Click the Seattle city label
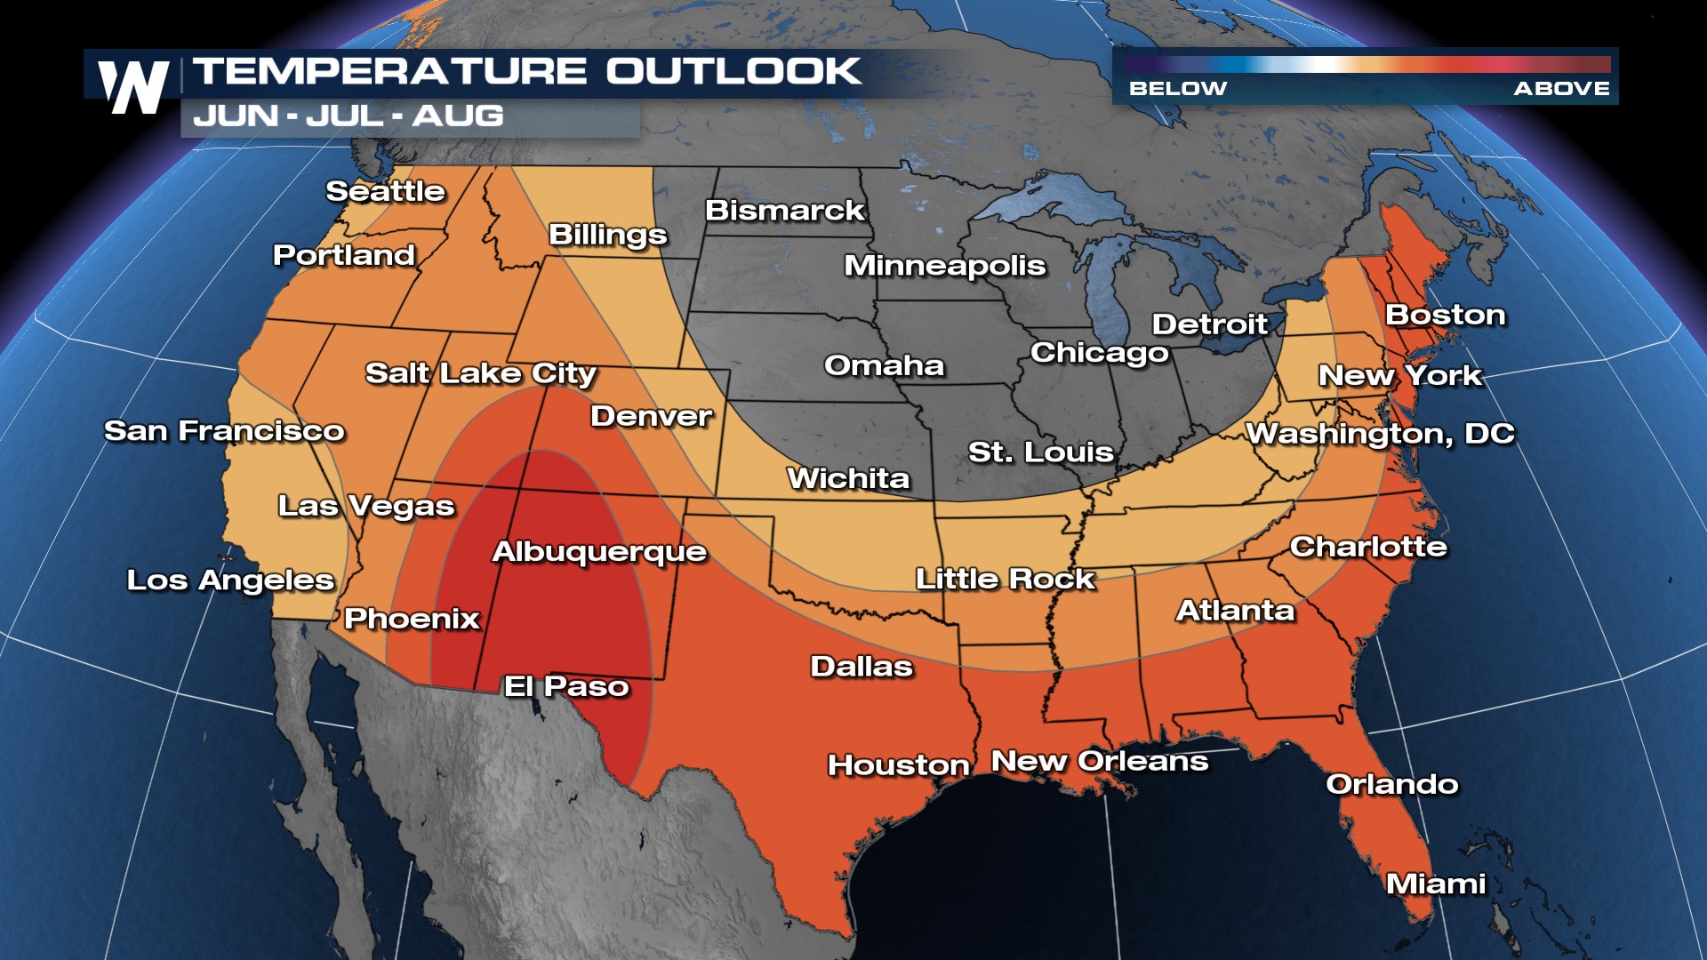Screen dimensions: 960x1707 [x=385, y=191]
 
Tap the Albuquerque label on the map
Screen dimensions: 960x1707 [x=599, y=552]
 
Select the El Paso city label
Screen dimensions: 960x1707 [x=566, y=686]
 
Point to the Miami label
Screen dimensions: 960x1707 [x=1436, y=884]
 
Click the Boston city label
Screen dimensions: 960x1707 [x=1446, y=315]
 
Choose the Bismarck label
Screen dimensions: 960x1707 [x=784, y=211]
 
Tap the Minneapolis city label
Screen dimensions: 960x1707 [x=944, y=266]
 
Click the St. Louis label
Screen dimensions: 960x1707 [x=1040, y=452]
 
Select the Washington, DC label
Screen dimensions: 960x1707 [x=1380, y=434]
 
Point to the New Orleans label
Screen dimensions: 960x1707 [x=1100, y=762]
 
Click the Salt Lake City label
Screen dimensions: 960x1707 [x=480, y=373]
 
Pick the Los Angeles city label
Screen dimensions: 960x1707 [x=230, y=580]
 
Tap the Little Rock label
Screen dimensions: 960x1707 [x=1005, y=580]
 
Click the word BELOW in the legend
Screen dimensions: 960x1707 [x=1177, y=89]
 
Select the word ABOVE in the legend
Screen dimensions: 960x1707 [x=1561, y=89]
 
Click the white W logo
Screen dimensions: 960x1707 [x=133, y=86]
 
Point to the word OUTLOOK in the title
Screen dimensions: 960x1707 [x=733, y=72]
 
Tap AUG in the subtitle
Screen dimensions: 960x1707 [x=458, y=116]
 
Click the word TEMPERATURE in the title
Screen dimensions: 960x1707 [x=390, y=72]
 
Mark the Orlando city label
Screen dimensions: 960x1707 [x=1391, y=784]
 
